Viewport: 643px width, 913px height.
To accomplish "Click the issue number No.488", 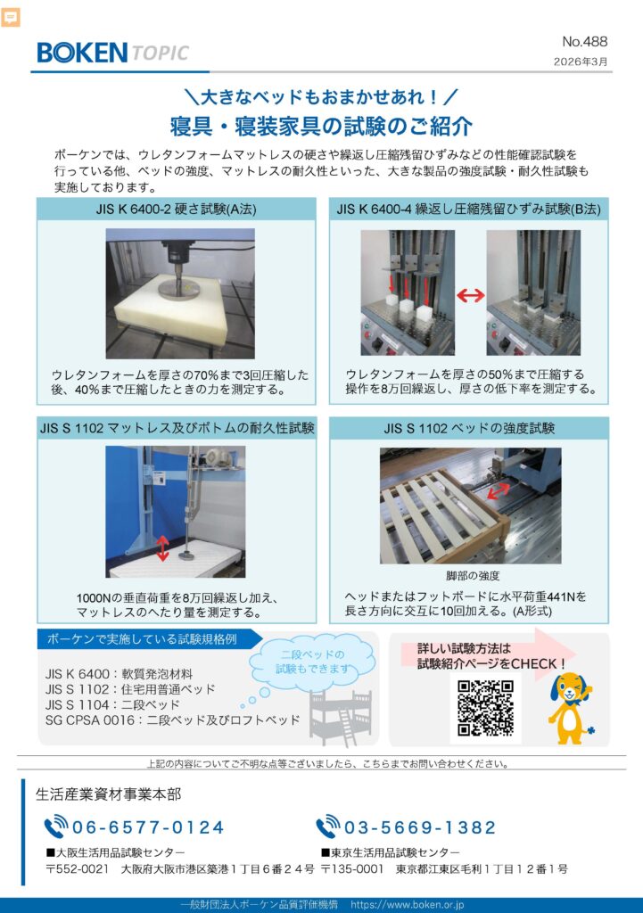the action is click(584, 41).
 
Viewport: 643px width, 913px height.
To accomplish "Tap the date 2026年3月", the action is click(580, 62).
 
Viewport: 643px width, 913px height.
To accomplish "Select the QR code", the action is click(485, 708).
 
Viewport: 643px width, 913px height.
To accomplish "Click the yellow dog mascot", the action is click(570, 707).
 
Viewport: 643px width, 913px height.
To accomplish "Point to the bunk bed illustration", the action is click(341, 717).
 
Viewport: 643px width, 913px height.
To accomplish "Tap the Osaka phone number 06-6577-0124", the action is click(147, 827).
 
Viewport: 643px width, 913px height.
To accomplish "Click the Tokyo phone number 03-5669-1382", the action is click(420, 827).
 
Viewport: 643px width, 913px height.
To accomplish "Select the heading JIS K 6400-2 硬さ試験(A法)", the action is click(177, 209).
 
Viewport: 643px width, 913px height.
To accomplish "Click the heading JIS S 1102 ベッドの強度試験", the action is click(469, 428).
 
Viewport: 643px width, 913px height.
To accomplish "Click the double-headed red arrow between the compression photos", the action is click(471, 295).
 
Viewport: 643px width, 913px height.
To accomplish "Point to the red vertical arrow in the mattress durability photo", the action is click(162, 548).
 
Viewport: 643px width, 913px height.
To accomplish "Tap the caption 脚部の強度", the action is click(473, 575).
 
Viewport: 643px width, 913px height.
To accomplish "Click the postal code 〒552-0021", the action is click(78, 868).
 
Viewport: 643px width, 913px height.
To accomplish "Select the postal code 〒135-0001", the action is click(353, 868).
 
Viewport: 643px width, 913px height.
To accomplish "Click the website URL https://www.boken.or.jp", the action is click(408, 904).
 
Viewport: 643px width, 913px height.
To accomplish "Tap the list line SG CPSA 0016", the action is click(172, 720).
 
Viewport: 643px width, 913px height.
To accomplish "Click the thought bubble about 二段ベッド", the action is click(311, 662).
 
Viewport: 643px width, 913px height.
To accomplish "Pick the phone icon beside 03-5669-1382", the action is click(328, 827).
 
